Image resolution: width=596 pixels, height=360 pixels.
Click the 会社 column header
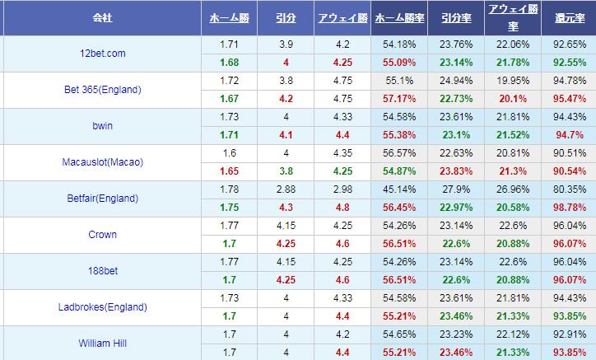[x=103, y=16]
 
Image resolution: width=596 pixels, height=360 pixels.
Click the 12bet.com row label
[x=103, y=53]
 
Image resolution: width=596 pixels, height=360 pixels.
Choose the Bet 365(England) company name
[x=103, y=89]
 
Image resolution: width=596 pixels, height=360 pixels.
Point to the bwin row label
[x=103, y=125]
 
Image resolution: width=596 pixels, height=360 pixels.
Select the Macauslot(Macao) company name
[x=103, y=161]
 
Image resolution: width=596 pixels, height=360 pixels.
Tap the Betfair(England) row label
[x=103, y=198]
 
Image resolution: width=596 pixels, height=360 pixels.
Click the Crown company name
[x=103, y=234]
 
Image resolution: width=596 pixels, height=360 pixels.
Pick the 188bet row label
[x=103, y=270]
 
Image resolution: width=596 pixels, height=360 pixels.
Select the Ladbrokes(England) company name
[x=103, y=307]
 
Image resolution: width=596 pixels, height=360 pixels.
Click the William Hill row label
[x=103, y=343]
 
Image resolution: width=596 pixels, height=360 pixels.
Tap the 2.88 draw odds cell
[x=285, y=189]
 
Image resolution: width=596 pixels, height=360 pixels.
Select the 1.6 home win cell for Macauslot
[x=230, y=153]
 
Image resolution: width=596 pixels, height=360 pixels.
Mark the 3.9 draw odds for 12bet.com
[x=285, y=44]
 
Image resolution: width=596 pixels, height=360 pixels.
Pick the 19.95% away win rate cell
[x=510, y=81]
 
